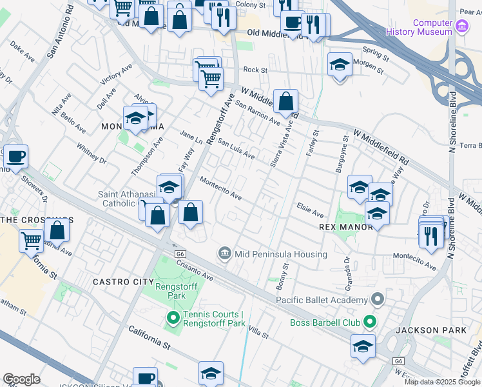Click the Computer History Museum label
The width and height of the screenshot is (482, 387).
[x=423, y=26]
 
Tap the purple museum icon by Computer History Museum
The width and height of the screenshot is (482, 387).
[x=461, y=27]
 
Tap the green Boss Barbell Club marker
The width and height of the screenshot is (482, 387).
[x=369, y=321]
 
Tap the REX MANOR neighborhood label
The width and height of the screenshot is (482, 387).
[x=346, y=227]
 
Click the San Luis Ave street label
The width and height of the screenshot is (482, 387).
[x=236, y=150]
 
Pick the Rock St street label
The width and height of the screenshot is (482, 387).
[x=255, y=70]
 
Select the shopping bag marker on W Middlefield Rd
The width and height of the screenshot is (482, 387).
[x=285, y=101]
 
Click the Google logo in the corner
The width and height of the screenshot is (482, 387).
[x=21, y=379]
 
